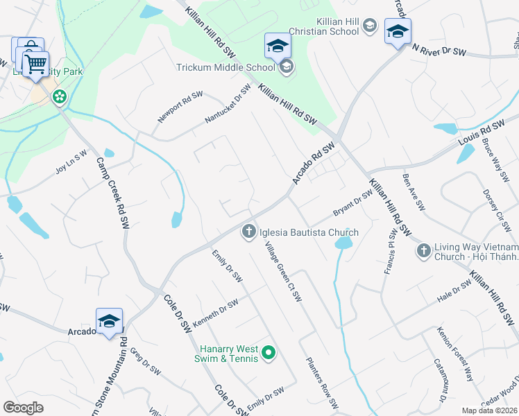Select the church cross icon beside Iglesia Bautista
tap(248, 232)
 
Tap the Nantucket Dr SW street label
tap(228, 105)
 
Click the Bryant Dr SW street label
tap(353, 202)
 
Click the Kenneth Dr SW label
tap(215, 309)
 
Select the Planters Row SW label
tap(323, 383)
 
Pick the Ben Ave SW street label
tap(414, 193)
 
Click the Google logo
tap(23, 407)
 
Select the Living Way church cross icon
tap(423, 250)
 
